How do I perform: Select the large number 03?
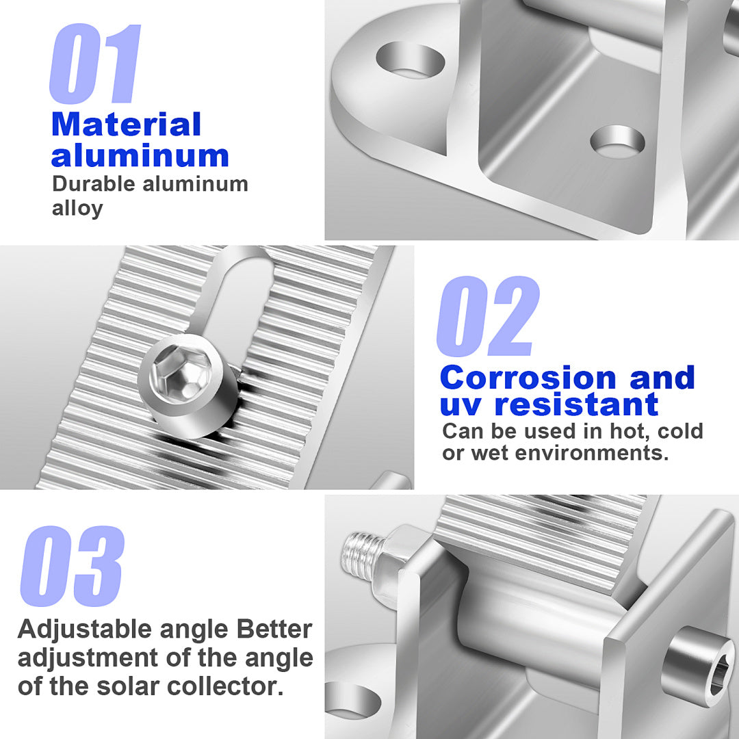(x=72, y=566)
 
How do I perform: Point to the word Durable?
(x=94, y=184)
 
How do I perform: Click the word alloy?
(x=77, y=209)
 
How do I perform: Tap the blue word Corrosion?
(x=528, y=378)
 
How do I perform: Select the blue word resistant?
(x=576, y=405)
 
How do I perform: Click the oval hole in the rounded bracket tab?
(x=410, y=60)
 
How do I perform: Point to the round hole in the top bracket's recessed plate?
(x=617, y=142)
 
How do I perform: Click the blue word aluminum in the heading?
(x=140, y=155)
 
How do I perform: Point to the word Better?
(x=274, y=630)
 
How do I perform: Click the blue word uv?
(x=461, y=406)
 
